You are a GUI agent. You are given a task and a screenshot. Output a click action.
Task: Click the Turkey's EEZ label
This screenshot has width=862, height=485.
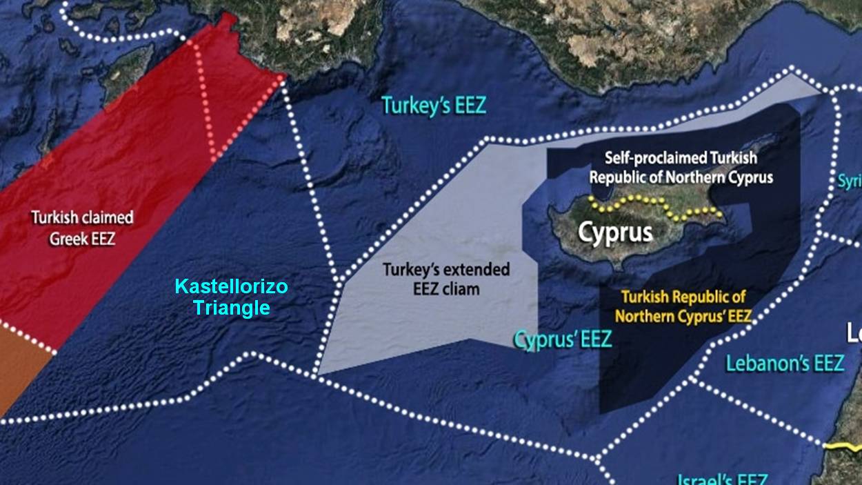pyautogui.click(x=434, y=106)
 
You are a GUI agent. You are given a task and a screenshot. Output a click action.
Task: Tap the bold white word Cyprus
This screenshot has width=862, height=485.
pyautogui.click(x=615, y=232)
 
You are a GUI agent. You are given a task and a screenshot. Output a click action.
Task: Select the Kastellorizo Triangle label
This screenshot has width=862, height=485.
pyautogui.click(x=231, y=297)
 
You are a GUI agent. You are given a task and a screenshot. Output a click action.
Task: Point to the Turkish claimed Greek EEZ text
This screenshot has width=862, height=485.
pyautogui.click(x=82, y=228)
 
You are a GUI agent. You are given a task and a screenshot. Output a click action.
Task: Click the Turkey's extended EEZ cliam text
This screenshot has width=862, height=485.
pyautogui.click(x=446, y=279)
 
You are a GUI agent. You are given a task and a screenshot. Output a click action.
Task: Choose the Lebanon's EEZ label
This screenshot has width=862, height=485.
pyautogui.click(x=784, y=363)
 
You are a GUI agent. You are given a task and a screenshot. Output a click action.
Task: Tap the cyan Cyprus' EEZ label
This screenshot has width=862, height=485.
pyautogui.click(x=563, y=339)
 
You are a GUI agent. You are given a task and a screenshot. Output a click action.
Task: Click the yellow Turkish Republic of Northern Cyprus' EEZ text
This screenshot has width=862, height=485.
pyautogui.click(x=683, y=307)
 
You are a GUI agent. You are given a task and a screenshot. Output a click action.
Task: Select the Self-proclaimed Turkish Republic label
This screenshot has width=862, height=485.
pyautogui.click(x=681, y=168)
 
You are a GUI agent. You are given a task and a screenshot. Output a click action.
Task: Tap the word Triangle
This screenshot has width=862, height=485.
pyautogui.click(x=231, y=308)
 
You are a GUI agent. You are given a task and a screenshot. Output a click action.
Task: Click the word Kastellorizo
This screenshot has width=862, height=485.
pyautogui.click(x=231, y=286)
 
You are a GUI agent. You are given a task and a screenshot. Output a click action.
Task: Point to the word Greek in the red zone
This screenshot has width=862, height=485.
pyautogui.click(x=71, y=239)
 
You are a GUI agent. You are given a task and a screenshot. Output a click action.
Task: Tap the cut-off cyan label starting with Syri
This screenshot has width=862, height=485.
pyautogui.click(x=850, y=181)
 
